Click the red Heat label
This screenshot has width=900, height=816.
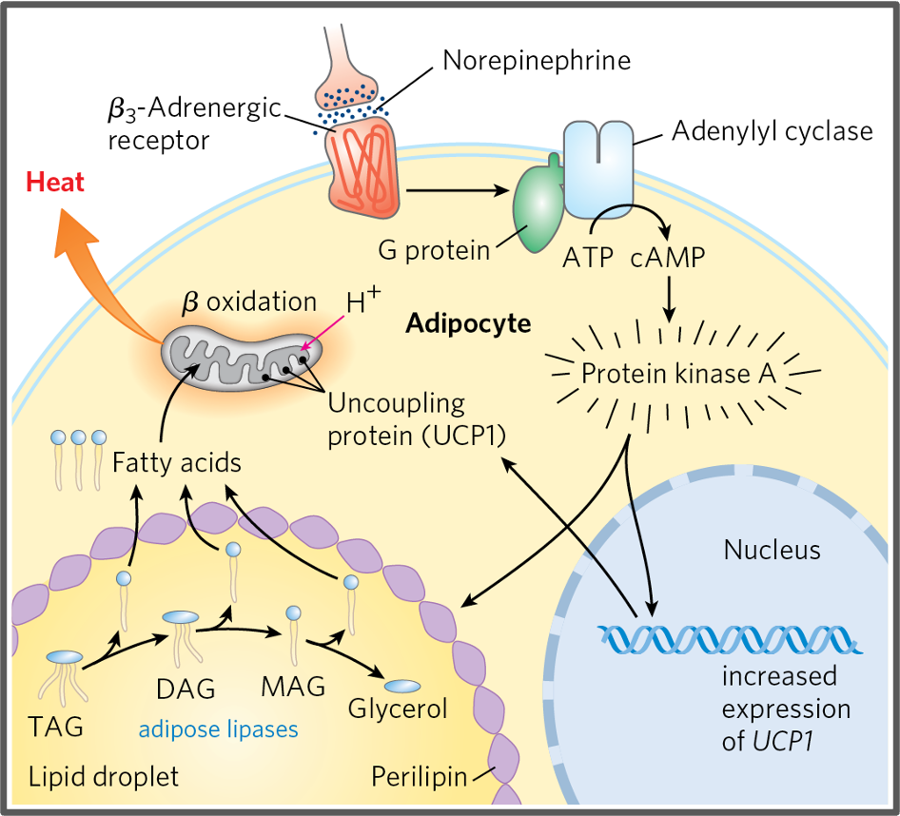coord(55,183)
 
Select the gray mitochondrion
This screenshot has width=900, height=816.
coord(243,357)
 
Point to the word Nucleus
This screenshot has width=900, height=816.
coord(772,550)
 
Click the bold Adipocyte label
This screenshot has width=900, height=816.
coord(468,323)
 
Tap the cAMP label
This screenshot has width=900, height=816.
coord(667,257)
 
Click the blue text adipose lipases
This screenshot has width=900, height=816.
coord(218,729)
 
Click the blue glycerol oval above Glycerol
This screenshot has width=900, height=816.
coord(401,686)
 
